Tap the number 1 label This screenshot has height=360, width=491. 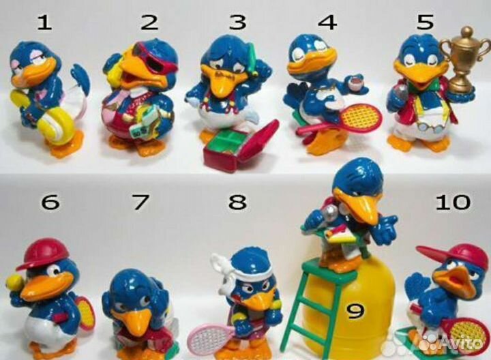(44, 22)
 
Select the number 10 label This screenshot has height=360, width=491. (453, 202)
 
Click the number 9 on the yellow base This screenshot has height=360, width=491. (356, 311)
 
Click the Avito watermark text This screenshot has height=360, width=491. (461, 344)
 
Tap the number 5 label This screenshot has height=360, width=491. (426, 21)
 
